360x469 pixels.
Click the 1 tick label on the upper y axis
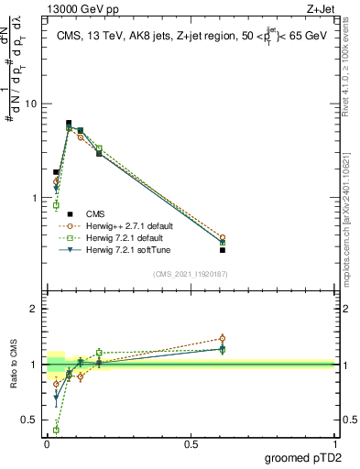click(x=34, y=198)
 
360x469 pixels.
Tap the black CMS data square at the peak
click(x=69, y=123)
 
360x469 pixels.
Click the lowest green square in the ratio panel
click(x=56, y=429)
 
